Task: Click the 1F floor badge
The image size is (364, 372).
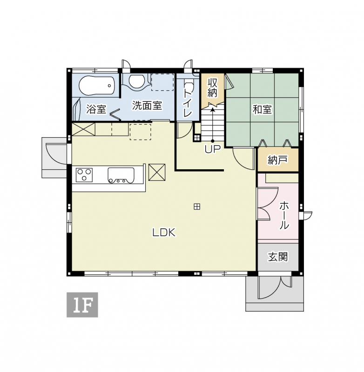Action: [x=82, y=305]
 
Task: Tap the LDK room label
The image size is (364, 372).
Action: [x=164, y=232]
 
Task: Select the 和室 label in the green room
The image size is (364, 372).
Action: [x=262, y=110]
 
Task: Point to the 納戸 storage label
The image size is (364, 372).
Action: [x=278, y=160]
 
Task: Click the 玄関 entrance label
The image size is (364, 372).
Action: [x=278, y=257]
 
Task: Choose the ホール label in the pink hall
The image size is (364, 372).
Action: [x=284, y=215]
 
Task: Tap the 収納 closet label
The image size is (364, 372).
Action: [x=213, y=87]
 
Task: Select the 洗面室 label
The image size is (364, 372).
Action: [x=147, y=106]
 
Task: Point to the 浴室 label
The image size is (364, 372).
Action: [x=96, y=109]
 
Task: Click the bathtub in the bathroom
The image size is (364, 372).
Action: [x=97, y=86]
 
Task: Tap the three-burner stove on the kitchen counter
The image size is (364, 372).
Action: [x=84, y=175]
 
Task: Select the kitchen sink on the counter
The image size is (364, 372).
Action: [x=121, y=176]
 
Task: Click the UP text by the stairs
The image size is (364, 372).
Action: [x=213, y=149]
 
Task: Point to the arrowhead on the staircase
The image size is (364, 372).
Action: [x=213, y=110]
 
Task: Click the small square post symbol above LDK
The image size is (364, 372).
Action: [x=197, y=206]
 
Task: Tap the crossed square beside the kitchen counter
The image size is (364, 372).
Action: [x=157, y=172]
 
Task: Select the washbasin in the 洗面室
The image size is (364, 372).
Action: [x=136, y=82]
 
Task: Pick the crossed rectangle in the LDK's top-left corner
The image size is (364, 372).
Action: [x=83, y=129]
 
